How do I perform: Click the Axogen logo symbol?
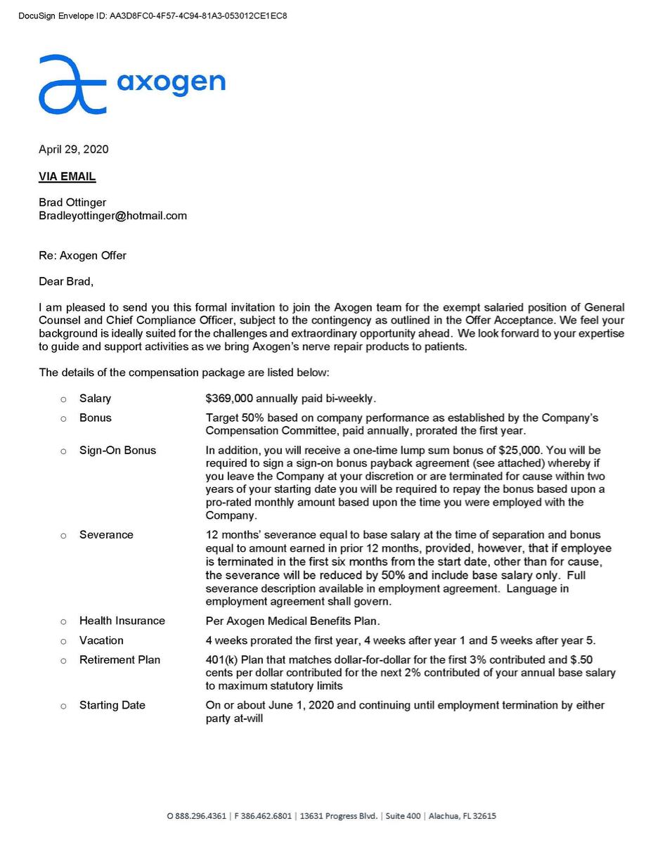point(72,84)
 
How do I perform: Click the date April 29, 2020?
point(74,149)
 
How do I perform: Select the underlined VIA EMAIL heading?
point(67,176)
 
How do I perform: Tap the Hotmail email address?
point(112,216)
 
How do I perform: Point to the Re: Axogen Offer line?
point(82,255)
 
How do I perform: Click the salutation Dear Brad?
point(65,282)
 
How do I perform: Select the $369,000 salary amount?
point(229,399)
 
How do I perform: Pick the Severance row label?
point(106,535)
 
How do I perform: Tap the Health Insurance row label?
point(122,621)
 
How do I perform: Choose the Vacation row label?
point(101,640)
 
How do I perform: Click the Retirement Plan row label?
point(120,660)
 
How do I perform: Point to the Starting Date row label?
point(112,705)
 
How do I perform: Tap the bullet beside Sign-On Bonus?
point(63,451)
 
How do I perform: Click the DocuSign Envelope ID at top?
point(153,15)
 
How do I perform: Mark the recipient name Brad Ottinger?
point(72,202)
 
